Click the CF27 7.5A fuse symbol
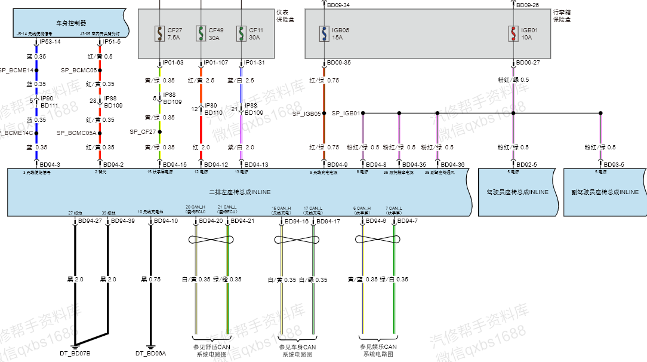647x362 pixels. click(159, 33)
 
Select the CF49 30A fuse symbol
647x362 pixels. click(200, 33)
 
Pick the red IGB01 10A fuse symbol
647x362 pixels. click(513, 33)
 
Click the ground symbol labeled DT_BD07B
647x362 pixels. click(75, 345)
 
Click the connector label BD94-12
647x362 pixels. click(216, 164)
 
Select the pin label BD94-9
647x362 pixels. click(337, 164)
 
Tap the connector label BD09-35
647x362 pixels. click(338, 63)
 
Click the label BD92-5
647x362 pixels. click(526, 164)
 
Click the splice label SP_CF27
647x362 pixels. click(143, 131)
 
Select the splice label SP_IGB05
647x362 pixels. click(307, 113)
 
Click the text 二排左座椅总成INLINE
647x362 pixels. click(240, 192)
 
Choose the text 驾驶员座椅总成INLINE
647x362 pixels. click(517, 192)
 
